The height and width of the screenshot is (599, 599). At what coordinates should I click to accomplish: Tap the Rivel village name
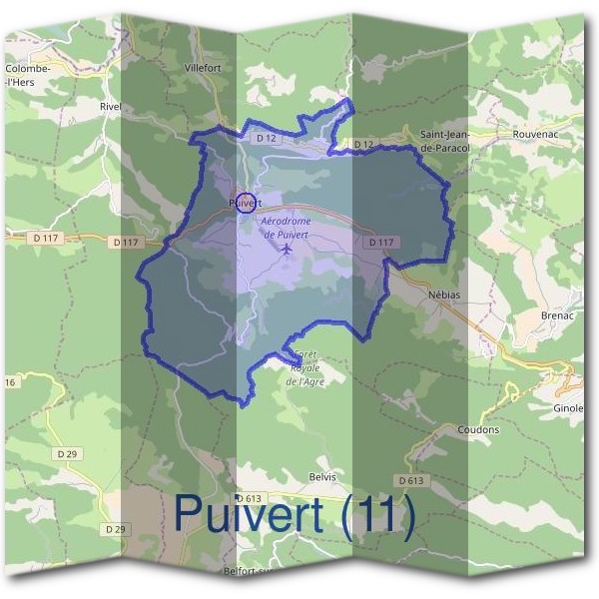(x=110, y=105)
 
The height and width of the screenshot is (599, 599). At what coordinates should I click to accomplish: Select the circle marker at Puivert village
(x=244, y=200)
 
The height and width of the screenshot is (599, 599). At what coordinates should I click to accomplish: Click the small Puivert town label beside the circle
(x=245, y=202)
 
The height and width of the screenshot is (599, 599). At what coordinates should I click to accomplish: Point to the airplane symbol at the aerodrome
(x=287, y=248)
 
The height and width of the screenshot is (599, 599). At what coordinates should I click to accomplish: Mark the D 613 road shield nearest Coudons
(x=410, y=480)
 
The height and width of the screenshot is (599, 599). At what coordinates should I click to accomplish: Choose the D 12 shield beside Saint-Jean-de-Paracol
(x=362, y=146)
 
